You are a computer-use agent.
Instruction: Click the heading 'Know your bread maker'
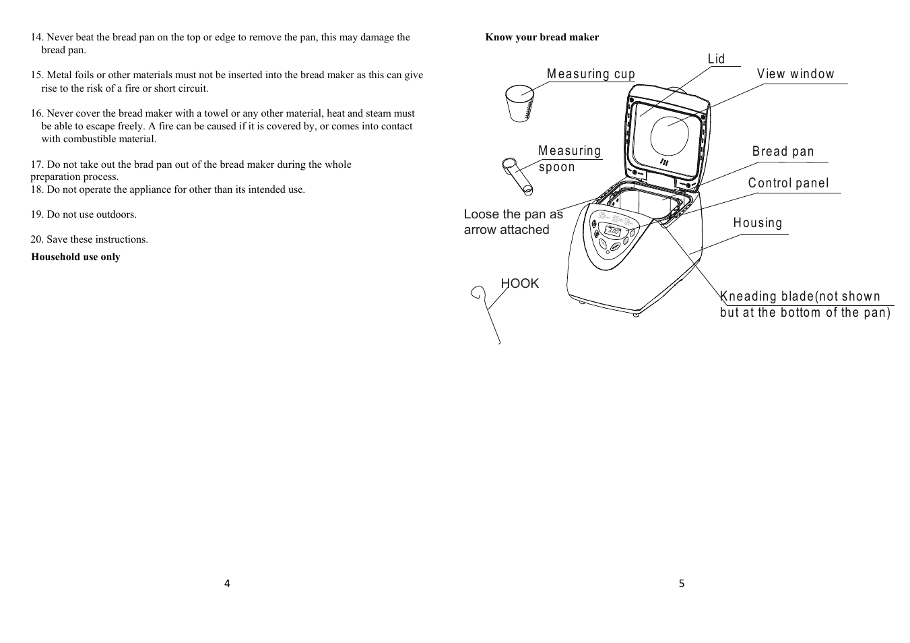542,37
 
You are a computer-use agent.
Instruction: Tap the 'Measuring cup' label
591,74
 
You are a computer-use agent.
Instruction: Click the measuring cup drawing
519,103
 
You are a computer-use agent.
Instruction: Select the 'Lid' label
716,59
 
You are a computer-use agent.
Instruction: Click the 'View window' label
795,74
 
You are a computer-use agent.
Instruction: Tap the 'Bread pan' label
783,152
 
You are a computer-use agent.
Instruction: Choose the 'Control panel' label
788,183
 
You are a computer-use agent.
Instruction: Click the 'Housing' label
758,223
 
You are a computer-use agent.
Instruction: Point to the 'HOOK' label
519,284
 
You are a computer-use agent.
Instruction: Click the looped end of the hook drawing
478,293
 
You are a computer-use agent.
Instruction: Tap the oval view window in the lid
670,135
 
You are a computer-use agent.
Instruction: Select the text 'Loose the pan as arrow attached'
513,222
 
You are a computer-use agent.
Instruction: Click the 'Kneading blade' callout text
805,304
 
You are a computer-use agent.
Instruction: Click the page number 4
227,584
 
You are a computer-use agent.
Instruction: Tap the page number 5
681,584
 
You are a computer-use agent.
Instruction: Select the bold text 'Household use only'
75,257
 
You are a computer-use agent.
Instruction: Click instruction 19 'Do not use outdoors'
84,214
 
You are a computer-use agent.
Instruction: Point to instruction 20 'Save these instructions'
89,239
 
